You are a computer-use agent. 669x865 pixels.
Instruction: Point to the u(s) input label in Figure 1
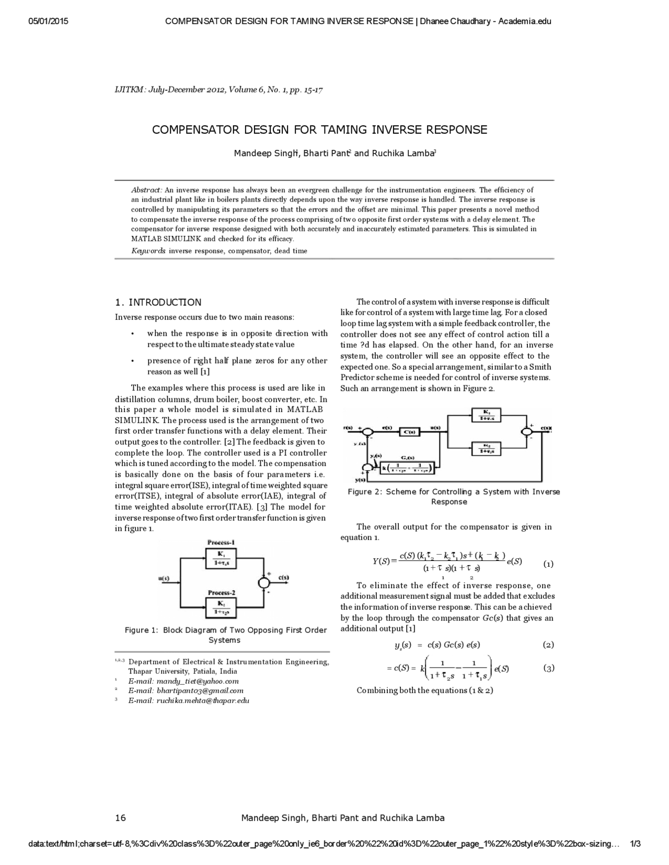click(164, 578)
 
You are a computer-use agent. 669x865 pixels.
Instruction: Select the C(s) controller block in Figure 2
click(410, 431)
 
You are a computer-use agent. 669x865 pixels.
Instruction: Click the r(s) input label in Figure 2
click(348, 428)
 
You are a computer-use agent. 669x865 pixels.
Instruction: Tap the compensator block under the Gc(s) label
click(406, 468)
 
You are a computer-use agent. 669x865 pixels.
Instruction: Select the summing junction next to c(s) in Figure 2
click(526, 431)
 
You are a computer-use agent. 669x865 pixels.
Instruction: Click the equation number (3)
click(549, 668)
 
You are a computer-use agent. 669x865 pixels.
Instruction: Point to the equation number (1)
click(549, 564)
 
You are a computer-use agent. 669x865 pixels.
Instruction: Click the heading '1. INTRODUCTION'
click(158, 302)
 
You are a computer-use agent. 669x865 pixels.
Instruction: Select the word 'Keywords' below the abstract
click(148, 251)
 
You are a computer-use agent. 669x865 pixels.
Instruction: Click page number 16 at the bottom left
click(120, 817)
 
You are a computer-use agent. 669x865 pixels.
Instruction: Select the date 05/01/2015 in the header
click(34, 21)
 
